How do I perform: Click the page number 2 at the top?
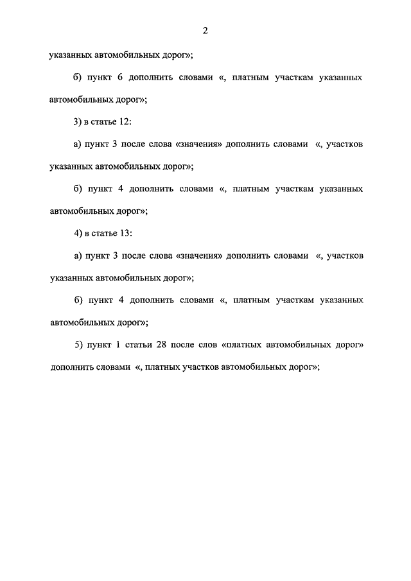(x=205, y=31)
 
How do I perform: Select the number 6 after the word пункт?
(x=120, y=78)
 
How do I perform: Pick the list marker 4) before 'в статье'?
(x=78, y=233)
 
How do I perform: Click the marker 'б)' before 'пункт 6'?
(x=78, y=78)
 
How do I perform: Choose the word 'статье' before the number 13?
(x=104, y=233)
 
